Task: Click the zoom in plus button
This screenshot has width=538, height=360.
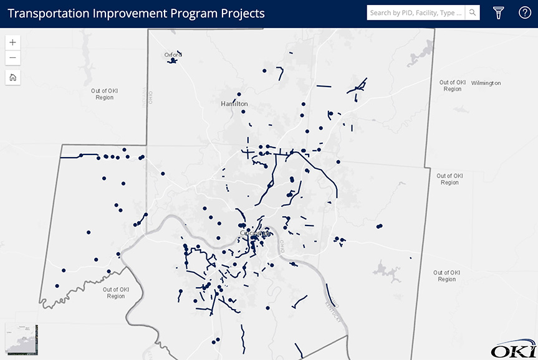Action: [x=13, y=42]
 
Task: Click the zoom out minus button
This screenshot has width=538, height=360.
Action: [x=13, y=59]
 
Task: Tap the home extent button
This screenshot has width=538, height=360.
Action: [x=13, y=78]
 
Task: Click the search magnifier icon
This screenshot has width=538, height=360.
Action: [x=473, y=12]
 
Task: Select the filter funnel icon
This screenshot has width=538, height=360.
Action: [x=499, y=12]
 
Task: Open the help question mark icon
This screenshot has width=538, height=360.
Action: [x=525, y=12]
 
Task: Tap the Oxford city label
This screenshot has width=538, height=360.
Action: [x=173, y=55]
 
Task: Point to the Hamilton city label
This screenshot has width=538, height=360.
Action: [x=234, y=104]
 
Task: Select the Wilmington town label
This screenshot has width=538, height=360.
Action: [x=486, y=83]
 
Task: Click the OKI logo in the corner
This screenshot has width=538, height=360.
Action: [x=513, y=351]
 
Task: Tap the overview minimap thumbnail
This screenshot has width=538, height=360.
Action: [x=22, y=340]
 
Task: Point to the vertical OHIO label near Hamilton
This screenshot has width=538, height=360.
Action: [x=150, y=98]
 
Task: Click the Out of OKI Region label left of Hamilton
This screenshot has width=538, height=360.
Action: [x=105, y=94]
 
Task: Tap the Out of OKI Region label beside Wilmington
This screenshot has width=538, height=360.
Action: [x=453, y=85]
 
